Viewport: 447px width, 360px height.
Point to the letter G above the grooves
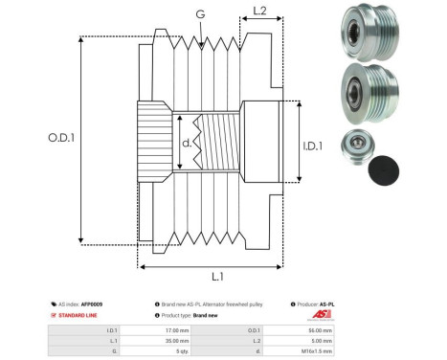click(199, 14)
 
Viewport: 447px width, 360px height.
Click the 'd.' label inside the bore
click(187, 145)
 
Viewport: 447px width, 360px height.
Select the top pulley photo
click(367, 30)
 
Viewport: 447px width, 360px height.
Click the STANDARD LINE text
click(77, 314)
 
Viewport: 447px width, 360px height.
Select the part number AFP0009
click(91, 304)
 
